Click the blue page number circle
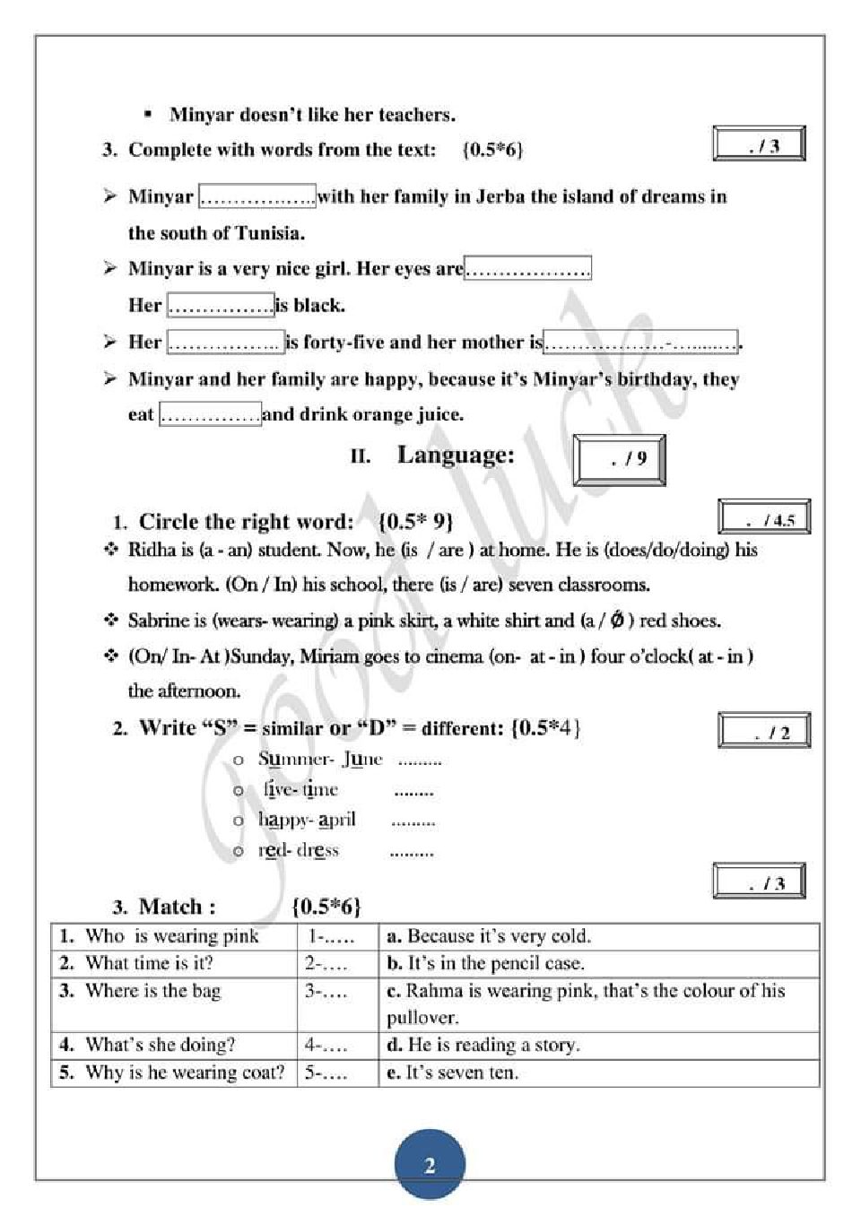point(430,1164)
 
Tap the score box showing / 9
point(619,460)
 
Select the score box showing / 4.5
point(763,518)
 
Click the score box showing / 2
point(763,731)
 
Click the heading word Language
point(456,455)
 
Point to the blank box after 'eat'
point(210,414)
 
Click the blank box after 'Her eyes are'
point(527,268)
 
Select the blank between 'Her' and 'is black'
point(221,305)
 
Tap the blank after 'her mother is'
point(640,342)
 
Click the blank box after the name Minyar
point(257,196)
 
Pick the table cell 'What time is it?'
point(174,963)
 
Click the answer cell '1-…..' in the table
point(337,937)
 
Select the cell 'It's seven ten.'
point(598,1073)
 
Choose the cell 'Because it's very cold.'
point(598,937)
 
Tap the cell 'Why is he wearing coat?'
point(174,1073)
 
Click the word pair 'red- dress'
point(299,850)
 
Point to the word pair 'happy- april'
point(307,820)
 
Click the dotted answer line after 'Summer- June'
point(420,760)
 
